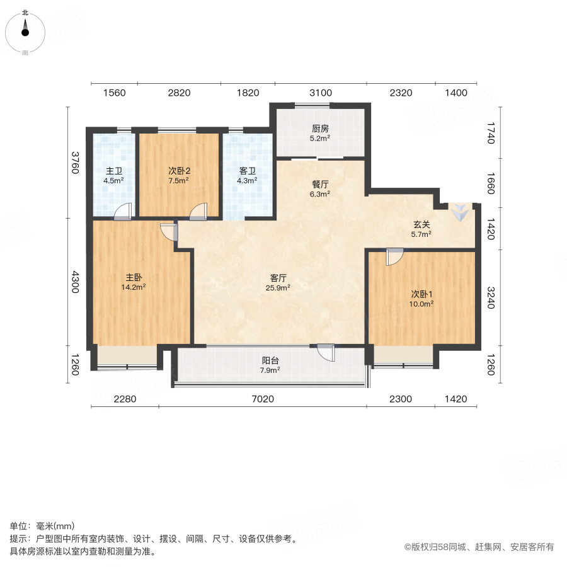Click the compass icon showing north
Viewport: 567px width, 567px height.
coord(25,30)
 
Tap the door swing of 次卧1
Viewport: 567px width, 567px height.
coord(395,257)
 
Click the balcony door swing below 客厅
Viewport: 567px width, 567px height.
coord(326,352)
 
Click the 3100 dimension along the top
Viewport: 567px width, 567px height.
coord(320,93)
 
